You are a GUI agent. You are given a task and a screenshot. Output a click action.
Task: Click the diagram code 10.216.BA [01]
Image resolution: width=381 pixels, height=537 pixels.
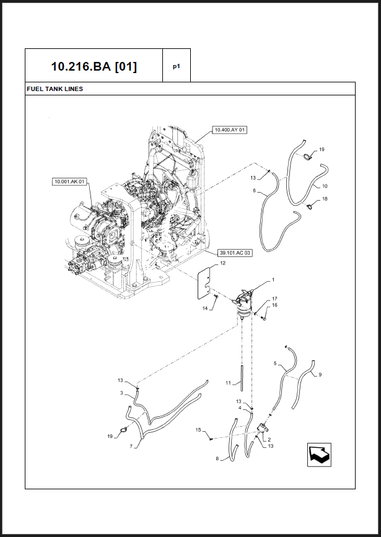click(x=94, y=66)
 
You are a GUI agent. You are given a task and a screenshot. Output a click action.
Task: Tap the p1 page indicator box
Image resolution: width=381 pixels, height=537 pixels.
click(x=177, y=66)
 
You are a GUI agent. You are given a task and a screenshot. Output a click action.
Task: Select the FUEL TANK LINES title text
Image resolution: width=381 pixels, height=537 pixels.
click(x=55, y=89)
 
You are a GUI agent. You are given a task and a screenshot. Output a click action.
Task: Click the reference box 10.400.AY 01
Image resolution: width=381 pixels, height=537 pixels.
click(x=230, y=130)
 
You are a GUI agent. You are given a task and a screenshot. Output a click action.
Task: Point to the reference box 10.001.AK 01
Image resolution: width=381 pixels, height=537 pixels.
click(x=70, y=181)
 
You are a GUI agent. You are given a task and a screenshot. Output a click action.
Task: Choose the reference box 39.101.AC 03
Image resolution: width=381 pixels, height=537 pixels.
click(x=235, y=253)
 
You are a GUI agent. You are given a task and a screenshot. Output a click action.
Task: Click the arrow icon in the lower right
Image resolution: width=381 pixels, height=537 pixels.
click(x=319, y=455)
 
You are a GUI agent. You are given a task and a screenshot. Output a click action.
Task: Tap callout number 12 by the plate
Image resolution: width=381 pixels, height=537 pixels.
click(x=222, y=263)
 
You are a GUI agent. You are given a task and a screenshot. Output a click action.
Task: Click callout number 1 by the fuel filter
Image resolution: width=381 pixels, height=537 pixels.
click(x=273, y=280)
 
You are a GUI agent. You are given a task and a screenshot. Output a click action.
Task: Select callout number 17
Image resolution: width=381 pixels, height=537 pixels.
click(x=274, y=299)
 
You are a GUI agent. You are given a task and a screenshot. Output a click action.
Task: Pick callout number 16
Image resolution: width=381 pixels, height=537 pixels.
click(x=274, y=305)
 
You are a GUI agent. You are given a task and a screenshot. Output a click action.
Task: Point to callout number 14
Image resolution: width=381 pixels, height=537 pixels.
click(x=205, y=308)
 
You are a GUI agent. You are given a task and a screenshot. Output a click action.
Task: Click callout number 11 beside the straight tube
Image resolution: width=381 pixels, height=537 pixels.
click(x=228, y=383)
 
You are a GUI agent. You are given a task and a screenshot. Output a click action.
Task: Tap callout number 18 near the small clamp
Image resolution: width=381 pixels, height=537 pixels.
click(x=325, y=199)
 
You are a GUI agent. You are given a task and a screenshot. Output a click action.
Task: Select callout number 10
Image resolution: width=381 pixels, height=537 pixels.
click(x=325, y=186)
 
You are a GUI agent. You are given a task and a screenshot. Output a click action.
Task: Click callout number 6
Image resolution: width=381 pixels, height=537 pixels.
click(x=254, y=190)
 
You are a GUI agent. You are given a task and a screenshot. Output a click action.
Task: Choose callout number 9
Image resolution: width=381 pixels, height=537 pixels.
click(x=320, y=375)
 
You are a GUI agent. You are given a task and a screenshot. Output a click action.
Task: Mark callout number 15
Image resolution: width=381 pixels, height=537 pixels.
click(x=198, y=430)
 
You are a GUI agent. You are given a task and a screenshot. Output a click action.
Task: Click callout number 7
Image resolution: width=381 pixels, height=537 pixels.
click(x=131, y=446)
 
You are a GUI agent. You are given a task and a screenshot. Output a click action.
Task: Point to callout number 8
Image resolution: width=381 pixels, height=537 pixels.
click(x=217, y=458)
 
